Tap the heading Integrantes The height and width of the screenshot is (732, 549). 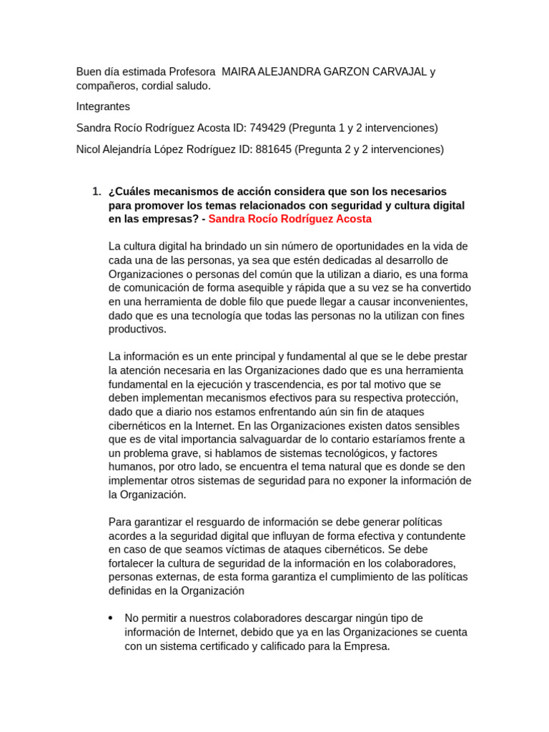pos(103,107)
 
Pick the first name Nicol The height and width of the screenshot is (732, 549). pos(89,149)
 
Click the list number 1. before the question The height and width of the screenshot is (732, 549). pos(97,192)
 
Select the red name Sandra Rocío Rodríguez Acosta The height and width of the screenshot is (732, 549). pos(290,219)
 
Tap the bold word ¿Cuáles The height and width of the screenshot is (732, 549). pos(131,192)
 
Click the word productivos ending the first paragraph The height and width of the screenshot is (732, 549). pos(137,330)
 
